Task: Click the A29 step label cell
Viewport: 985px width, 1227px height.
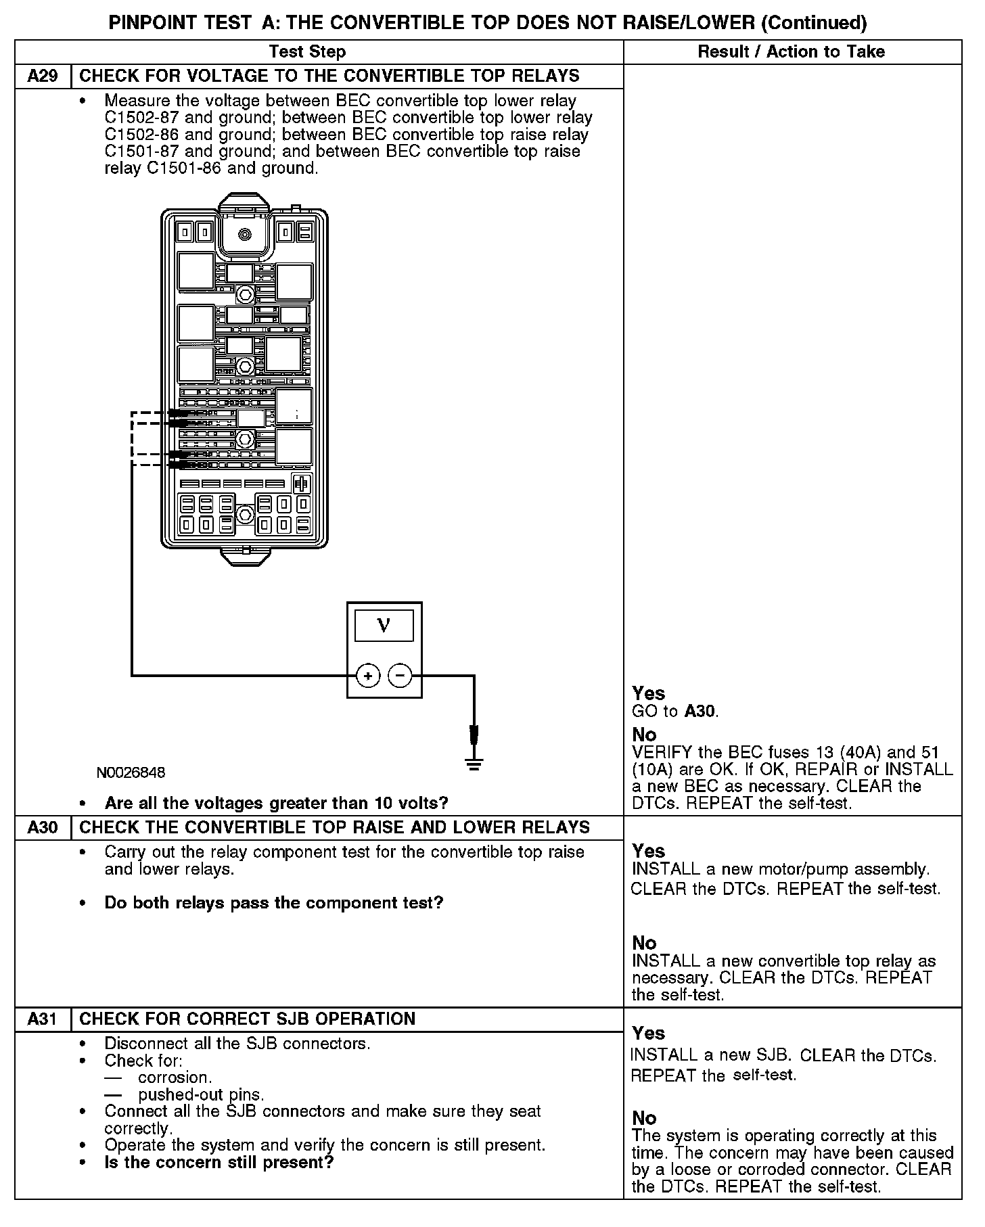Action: tap(43, 76)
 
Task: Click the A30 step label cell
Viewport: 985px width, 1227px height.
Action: tap(43, 827)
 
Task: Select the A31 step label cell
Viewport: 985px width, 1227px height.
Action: tap(43, 1019)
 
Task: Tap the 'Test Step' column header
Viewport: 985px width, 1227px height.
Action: tap(307, 51)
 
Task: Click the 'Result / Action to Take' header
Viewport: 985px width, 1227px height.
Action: tap(791, 51)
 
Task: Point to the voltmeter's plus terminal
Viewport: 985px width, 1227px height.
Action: tap(367, 675)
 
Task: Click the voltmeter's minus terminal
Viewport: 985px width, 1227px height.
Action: tap(400, 675)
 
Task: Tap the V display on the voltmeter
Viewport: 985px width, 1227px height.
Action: tap(384, 624)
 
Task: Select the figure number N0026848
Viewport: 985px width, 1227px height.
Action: tap(131, 772)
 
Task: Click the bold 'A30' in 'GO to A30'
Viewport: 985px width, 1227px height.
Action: tap(700, 711)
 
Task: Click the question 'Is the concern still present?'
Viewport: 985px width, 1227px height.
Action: tap(219, 1162)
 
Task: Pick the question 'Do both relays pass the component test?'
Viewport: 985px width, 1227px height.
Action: tap(273, 903)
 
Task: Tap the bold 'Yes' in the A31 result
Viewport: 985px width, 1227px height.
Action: tap(648, 1033)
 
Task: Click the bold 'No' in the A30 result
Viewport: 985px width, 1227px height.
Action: tap(644, 943)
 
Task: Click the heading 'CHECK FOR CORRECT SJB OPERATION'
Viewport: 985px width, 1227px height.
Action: tap(247, 1019)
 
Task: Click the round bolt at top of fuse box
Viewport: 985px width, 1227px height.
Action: tap(245, 234)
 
